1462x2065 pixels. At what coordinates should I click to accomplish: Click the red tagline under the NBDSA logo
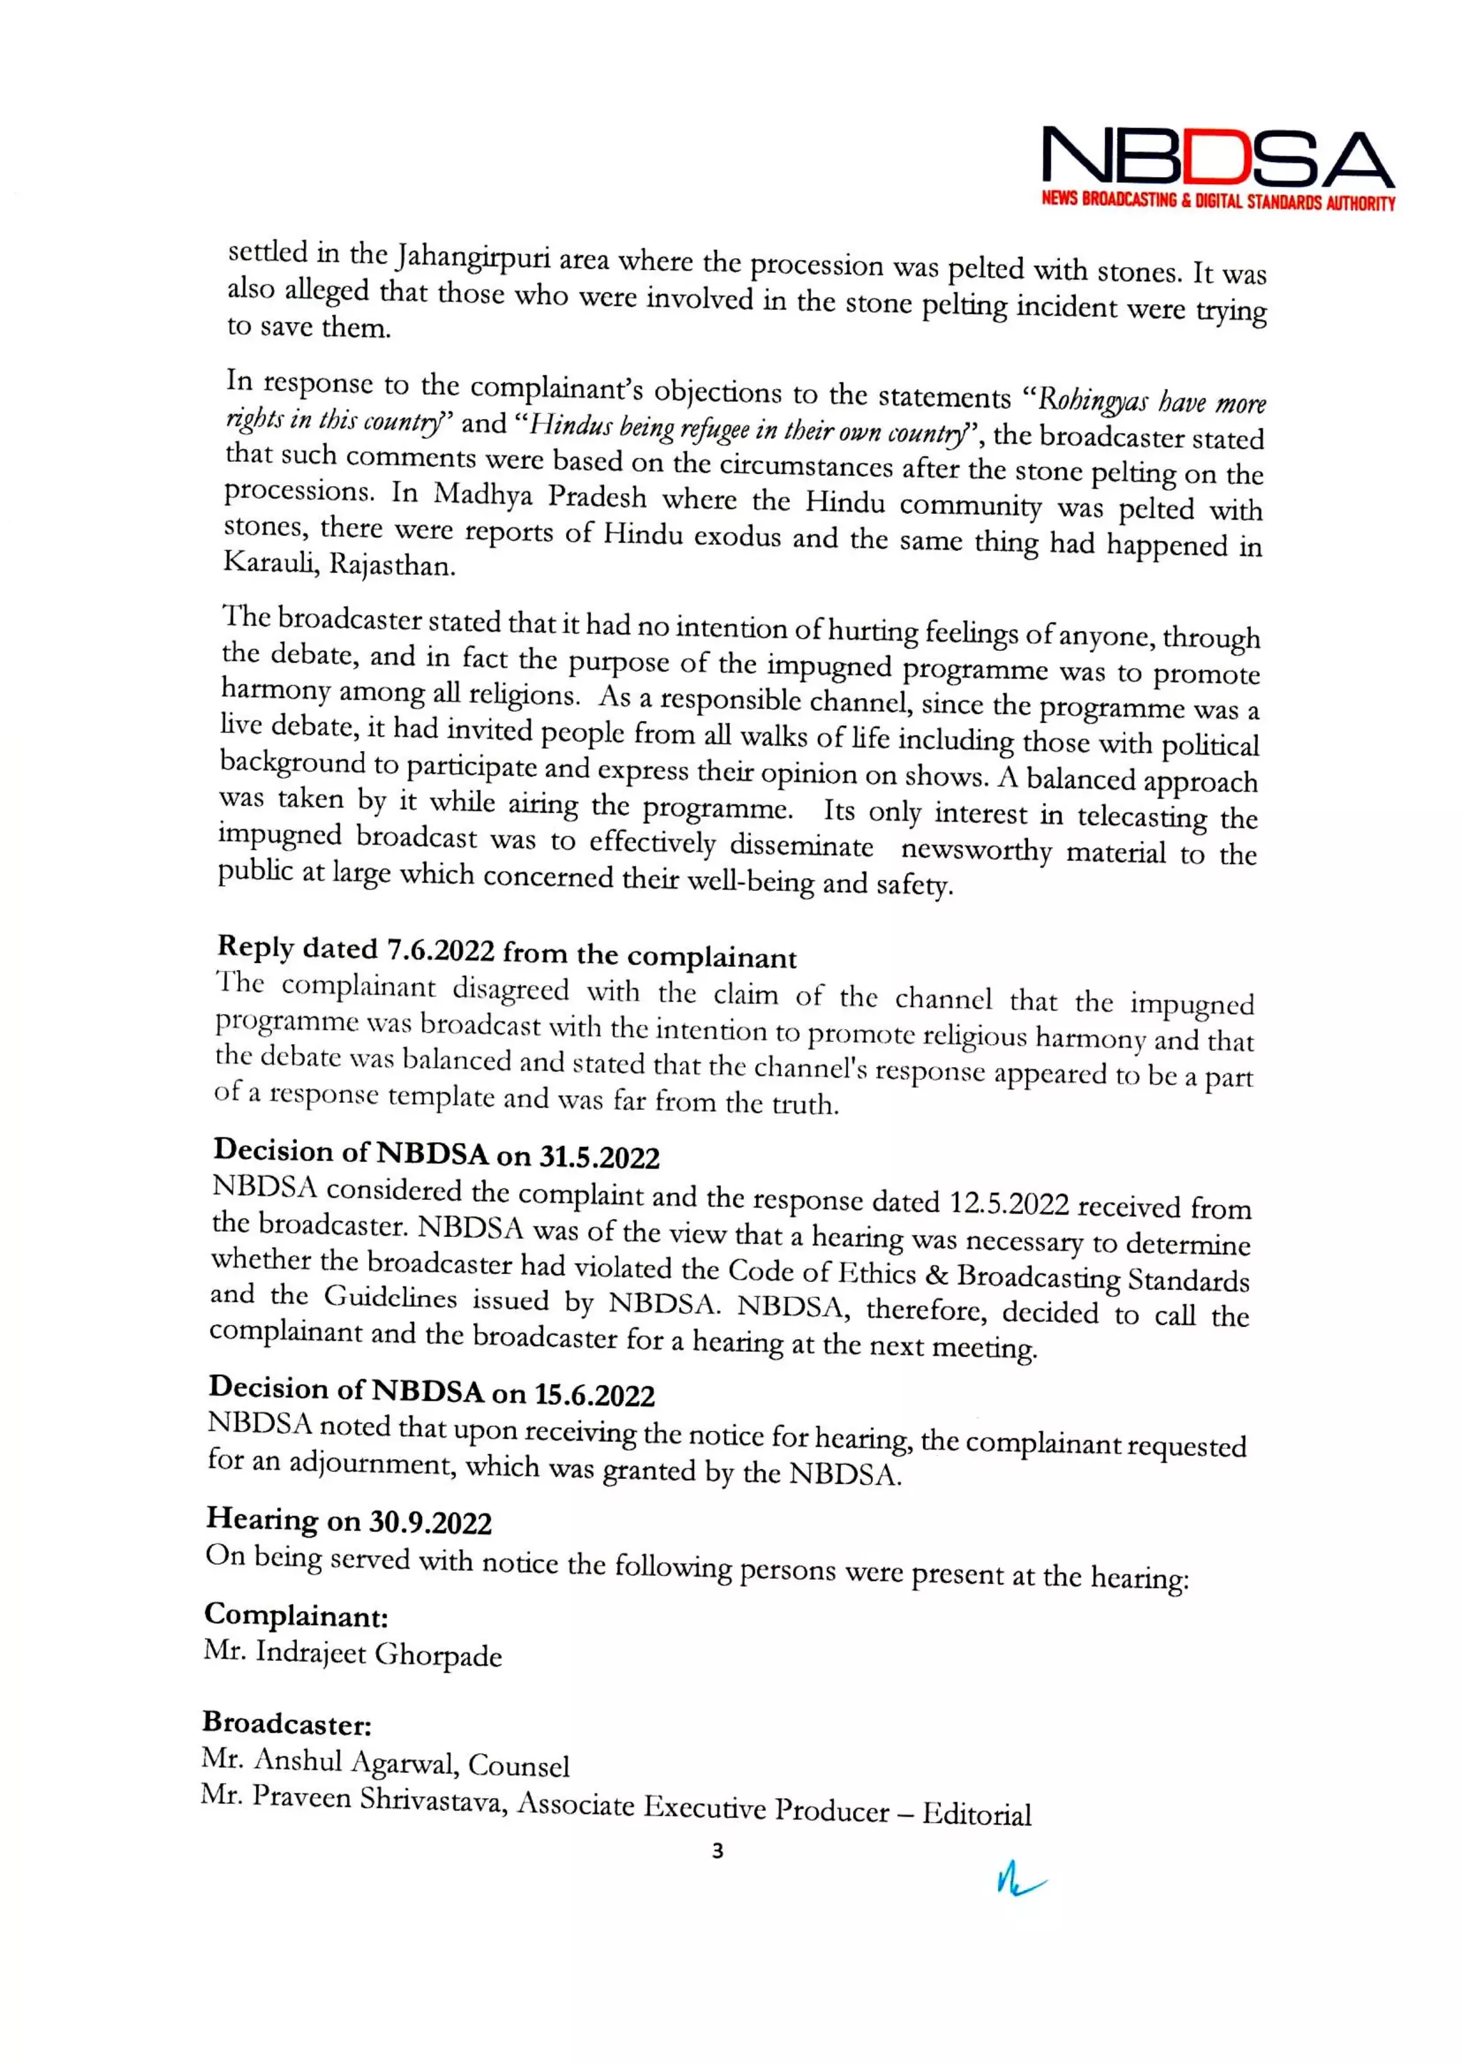point(1217,201)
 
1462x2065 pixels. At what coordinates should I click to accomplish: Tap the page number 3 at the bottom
point(717,1851)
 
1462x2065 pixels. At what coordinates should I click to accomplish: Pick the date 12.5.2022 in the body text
point(1009,1203)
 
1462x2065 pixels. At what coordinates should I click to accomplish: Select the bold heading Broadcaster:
point(287,1723)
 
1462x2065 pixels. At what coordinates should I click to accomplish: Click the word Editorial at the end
point(977,1814)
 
